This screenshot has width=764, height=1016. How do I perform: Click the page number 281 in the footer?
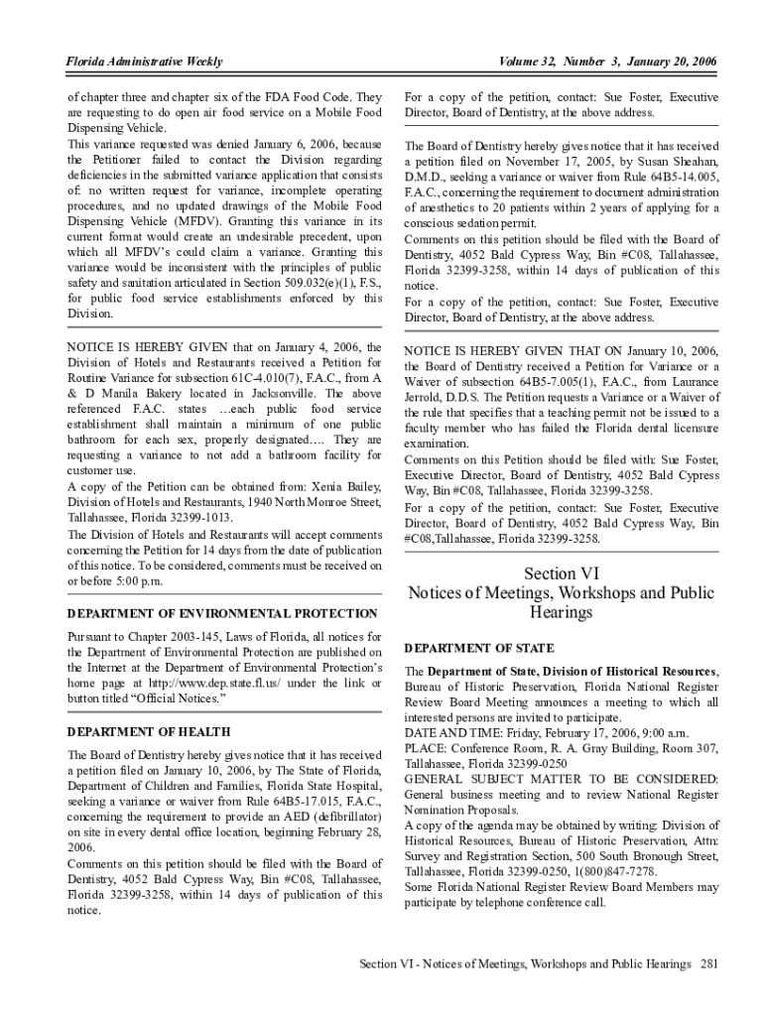708,964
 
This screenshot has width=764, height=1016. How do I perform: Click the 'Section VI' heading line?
562,572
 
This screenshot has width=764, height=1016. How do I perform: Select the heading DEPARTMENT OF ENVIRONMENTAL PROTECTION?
222,613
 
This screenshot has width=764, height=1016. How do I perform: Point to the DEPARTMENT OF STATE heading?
479,648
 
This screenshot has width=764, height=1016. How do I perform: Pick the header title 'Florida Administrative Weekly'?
144,63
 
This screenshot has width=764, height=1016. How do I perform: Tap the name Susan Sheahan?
675,160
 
